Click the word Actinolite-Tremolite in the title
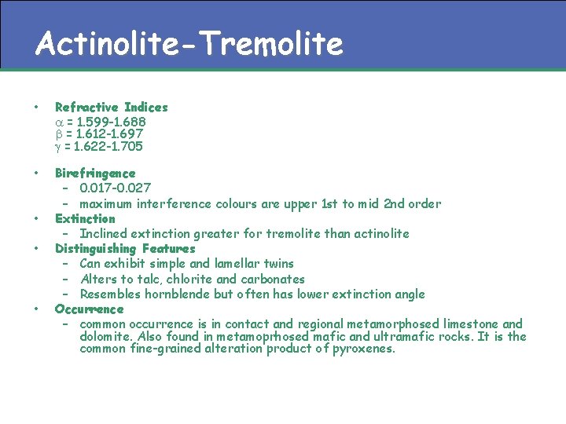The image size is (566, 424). [189, 45]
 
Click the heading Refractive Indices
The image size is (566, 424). [111, 107]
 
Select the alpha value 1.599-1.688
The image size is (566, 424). [106, 122]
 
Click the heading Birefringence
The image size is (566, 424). [95, 173]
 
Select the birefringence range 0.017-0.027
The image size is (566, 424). [116, 188]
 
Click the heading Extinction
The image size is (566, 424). [85, 218]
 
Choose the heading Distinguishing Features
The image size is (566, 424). [125, 249]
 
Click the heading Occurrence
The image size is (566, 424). [89, 309]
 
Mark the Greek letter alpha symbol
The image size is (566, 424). [59, 122]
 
